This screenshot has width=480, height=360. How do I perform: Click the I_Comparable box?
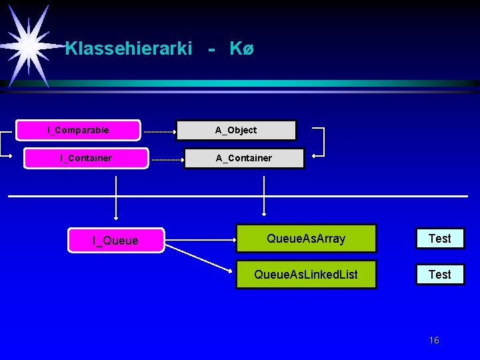click(x=79, y=130)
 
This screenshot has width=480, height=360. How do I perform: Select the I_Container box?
click(x=86, y=158)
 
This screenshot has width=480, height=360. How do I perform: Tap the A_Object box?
click(x=236, y=130)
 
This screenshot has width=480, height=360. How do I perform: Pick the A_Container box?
click(x=244, y=158)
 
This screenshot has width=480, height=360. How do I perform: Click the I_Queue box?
click(x=115, y=240)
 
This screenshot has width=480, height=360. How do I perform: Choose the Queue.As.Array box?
click(x=306, y=238)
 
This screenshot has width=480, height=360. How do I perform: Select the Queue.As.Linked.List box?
click(x=306, y=274)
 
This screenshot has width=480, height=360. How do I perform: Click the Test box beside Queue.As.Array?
click(x=439, y=238)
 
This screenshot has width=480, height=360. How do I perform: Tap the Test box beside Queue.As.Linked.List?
click(x=439, y=274)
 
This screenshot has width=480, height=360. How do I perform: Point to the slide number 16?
click(x=434, y=341)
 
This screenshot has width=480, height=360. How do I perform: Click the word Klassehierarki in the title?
click(x=129, y=49)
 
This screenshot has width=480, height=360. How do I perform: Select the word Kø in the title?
click(x=241, y=49)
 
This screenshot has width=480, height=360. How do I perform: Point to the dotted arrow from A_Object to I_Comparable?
click(x=159, y=132)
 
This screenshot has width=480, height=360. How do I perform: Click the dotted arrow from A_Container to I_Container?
click(x=166, y=160)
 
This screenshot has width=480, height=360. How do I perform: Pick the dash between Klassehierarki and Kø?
click(x=211, y=49)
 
